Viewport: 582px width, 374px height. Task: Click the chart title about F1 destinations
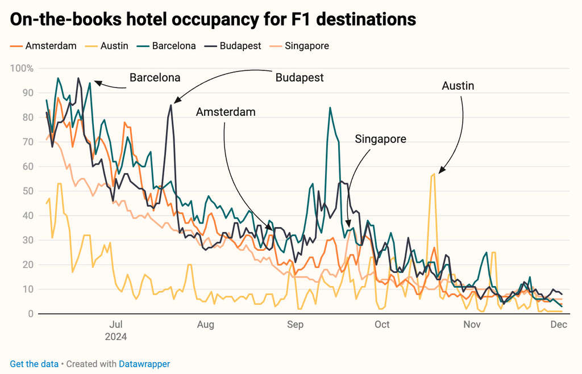tap(213, 19)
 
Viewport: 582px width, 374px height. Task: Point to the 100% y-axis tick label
tap(23, 69)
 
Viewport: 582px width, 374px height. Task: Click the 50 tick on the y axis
tap(28, 191)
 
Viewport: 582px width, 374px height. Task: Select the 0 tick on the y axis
tap(31, 314)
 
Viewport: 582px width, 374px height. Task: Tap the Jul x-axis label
tap(116, 325)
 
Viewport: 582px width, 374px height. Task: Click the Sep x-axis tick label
tap(295, 325)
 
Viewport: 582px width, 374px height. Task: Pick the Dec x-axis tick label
tap(559, 325)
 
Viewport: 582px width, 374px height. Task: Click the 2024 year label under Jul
tap(116, 337)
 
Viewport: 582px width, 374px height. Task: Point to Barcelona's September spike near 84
tap(330, 107)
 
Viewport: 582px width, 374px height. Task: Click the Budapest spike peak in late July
tap(171, 104)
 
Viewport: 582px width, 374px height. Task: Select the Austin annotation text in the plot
tap(458, 86)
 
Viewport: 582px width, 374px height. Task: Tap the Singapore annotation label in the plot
tap(380, 138)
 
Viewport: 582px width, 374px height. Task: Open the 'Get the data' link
tap(34, 364)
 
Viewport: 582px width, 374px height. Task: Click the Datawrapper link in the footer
tap(144, 364)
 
